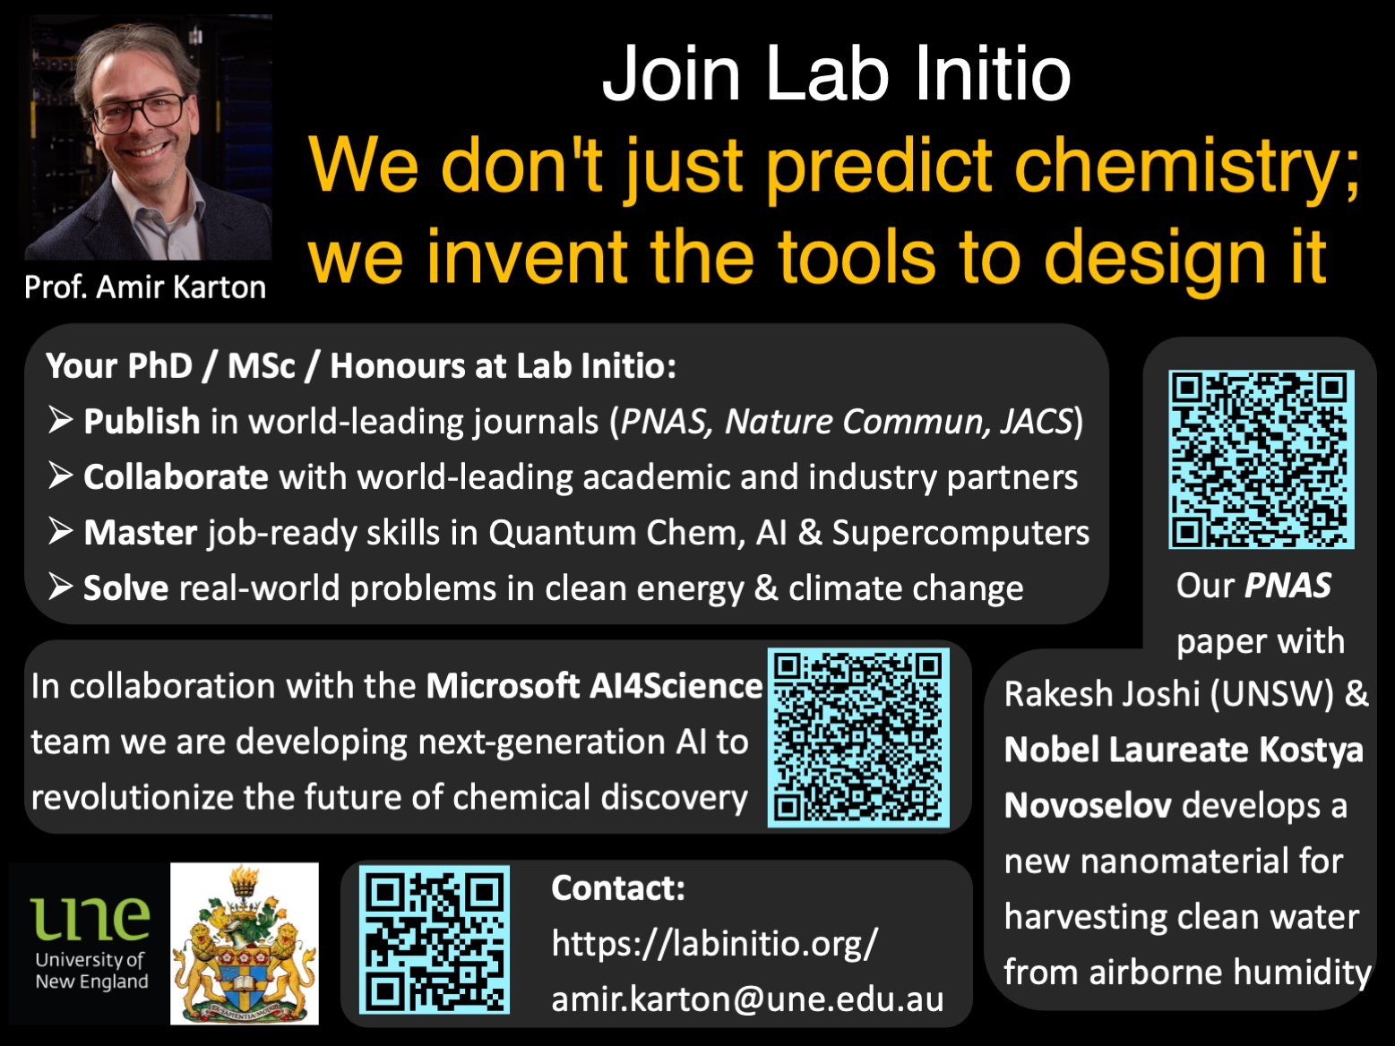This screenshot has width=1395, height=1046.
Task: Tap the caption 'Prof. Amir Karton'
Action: [145, 287]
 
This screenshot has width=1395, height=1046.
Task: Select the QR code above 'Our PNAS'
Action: [1261, 459]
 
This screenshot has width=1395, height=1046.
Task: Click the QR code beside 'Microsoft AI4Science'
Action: [858, 737]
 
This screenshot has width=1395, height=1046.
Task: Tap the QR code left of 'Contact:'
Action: [434, 940]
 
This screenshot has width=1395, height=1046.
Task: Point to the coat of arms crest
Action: [245, 943]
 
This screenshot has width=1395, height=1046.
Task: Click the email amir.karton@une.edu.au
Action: [747, 999]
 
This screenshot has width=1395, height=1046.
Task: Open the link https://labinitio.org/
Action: [715, 943]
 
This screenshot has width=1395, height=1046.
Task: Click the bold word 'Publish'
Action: [142, 421]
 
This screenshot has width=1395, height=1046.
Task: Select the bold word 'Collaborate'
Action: [176, 477]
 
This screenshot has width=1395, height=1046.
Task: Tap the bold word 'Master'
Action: [141, 532]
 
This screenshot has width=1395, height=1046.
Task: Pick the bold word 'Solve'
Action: [125, 588]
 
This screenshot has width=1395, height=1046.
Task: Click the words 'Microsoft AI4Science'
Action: [594, 687]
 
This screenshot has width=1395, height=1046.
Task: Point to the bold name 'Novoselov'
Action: [1088, 806]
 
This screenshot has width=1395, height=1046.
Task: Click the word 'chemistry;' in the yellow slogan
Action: [1187, 167]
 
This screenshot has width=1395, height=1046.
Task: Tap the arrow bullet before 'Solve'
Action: [60, 587]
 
